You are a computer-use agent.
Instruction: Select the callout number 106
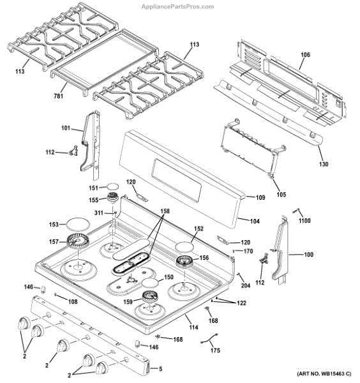pos(305,56)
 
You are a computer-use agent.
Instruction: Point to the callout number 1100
pos(304,220)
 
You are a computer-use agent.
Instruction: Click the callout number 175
pos(215,350)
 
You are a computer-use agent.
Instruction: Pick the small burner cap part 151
pos(113,187)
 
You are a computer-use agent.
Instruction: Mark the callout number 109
pos(260,197)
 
